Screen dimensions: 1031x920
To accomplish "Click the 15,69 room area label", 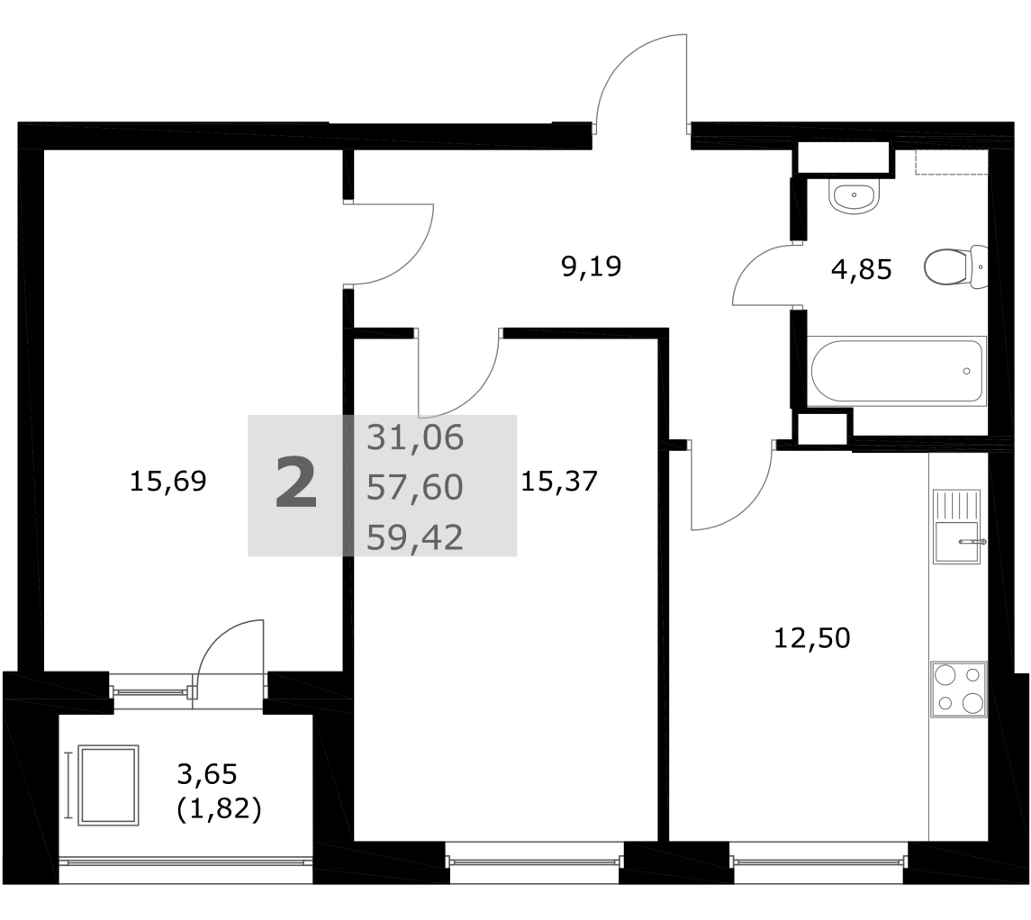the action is point(167,482).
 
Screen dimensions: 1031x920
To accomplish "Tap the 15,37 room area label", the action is point(559,482).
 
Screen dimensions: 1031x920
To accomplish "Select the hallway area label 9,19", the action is point(591,266).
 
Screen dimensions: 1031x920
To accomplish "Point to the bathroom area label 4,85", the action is point(862,269).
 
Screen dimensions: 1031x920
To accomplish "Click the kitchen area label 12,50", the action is point(811,638).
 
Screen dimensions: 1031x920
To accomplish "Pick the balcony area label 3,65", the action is point(206,774).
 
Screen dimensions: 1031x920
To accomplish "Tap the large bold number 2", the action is point(296,483).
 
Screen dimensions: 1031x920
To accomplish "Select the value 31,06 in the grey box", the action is point(415,437).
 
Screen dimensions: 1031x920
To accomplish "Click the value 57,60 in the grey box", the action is point(415,488).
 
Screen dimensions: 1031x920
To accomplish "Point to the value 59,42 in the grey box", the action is point(415,537).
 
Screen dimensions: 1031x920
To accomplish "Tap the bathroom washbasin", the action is point(854,196).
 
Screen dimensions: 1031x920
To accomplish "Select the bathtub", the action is point(896,371).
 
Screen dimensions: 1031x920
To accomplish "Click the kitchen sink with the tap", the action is point(957,527).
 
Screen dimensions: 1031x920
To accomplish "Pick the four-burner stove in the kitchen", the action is point(959,689).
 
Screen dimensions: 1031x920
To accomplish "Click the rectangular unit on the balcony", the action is point(108,785).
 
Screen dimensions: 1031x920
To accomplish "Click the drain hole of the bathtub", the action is point(966,371).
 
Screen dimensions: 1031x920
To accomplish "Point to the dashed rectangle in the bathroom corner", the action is point(952,162).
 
